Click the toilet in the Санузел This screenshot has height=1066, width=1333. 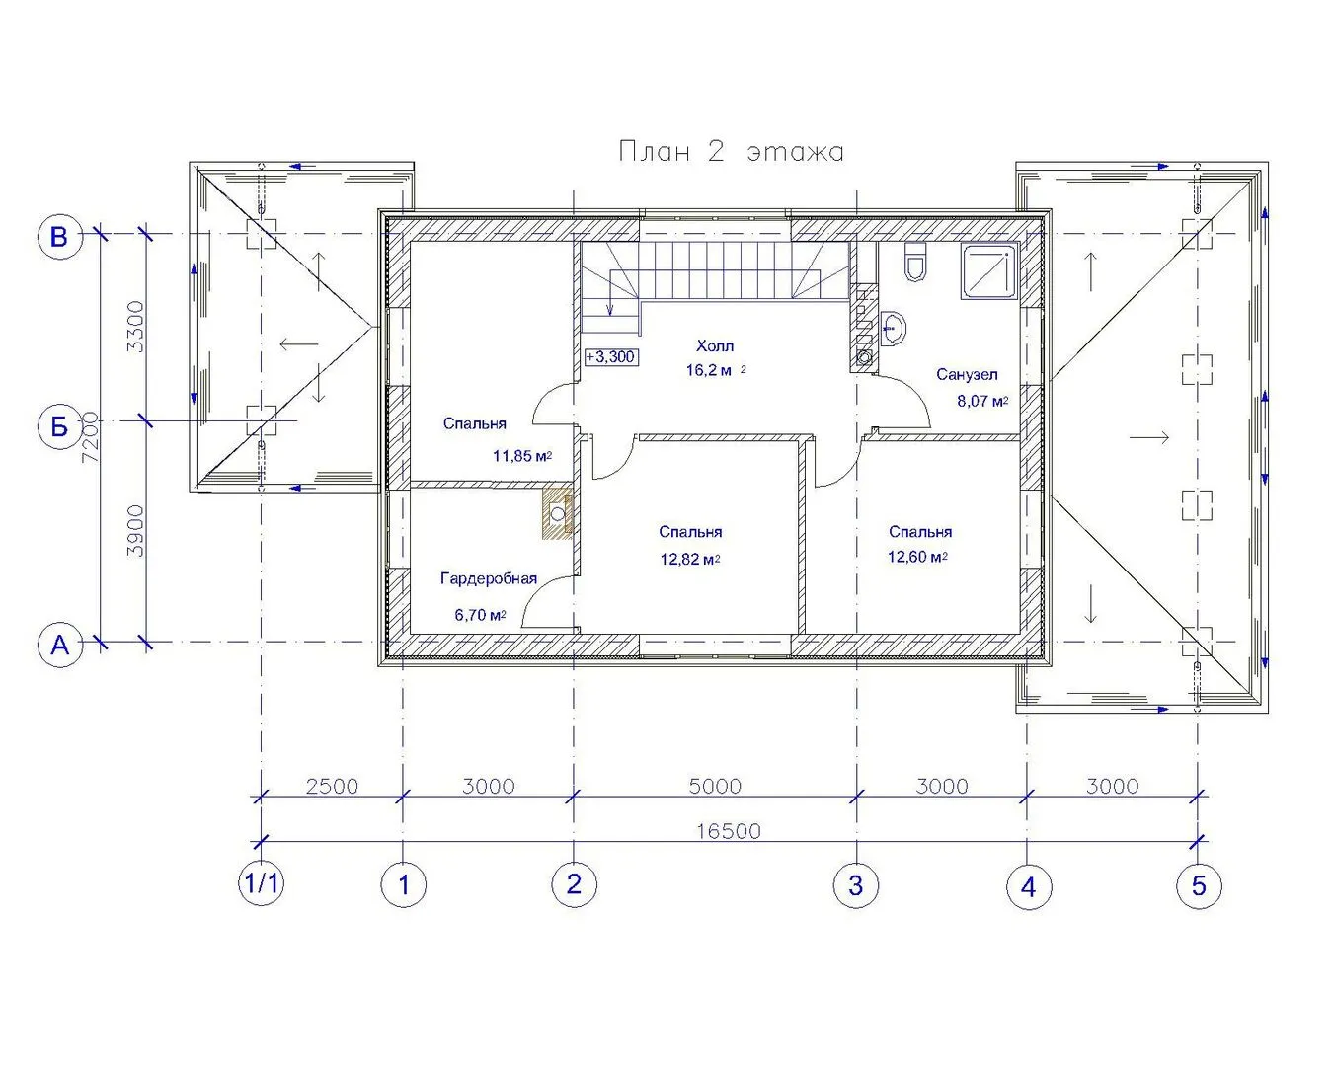915,263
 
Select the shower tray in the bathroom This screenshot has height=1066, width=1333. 989,271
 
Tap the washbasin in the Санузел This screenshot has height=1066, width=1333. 893,329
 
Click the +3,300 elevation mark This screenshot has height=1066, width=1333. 611,357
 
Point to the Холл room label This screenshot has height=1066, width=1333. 715,345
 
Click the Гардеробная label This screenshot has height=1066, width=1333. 488,578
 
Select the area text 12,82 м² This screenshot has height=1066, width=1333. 689,560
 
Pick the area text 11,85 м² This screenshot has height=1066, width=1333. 521,456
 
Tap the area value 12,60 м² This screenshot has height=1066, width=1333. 917,557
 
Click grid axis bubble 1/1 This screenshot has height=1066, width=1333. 262,883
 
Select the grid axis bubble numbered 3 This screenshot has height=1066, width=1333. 856,885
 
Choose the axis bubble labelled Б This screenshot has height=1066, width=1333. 59,426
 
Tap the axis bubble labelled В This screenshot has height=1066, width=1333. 59,237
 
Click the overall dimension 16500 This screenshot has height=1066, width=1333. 729,831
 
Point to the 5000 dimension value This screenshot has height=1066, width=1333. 716,787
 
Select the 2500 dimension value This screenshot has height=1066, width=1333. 332,787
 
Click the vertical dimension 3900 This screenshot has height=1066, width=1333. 135,531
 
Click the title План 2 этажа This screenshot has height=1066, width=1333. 732,152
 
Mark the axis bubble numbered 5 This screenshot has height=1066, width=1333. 1199,886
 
